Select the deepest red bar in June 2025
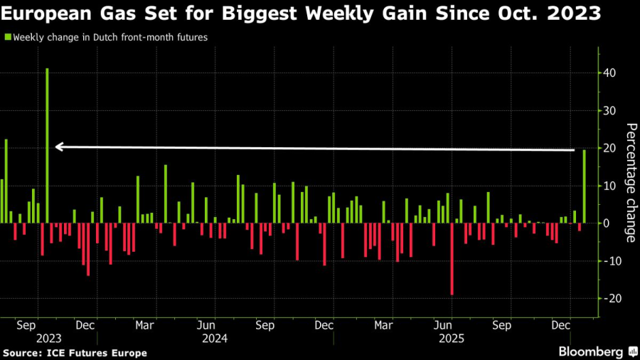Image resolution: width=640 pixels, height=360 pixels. tap(452, 259)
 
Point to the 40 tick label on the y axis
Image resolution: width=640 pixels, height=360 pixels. tap(611, 73)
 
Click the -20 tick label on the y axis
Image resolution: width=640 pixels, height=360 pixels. tap(611, 298)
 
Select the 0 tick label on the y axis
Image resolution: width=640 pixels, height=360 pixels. tap(607, 223)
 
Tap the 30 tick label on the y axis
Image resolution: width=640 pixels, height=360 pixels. tap(611, 111)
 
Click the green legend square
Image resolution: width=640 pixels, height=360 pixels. tap(8, 37)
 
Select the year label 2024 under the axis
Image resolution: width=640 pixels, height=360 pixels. tap(215, 339)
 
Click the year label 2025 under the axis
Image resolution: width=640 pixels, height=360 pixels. tap(452, 339)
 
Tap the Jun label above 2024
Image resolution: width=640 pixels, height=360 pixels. tap(205, 325)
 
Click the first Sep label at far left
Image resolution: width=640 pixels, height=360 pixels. tap(25, 325)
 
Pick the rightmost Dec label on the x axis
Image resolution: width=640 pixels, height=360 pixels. tap(562, 325)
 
